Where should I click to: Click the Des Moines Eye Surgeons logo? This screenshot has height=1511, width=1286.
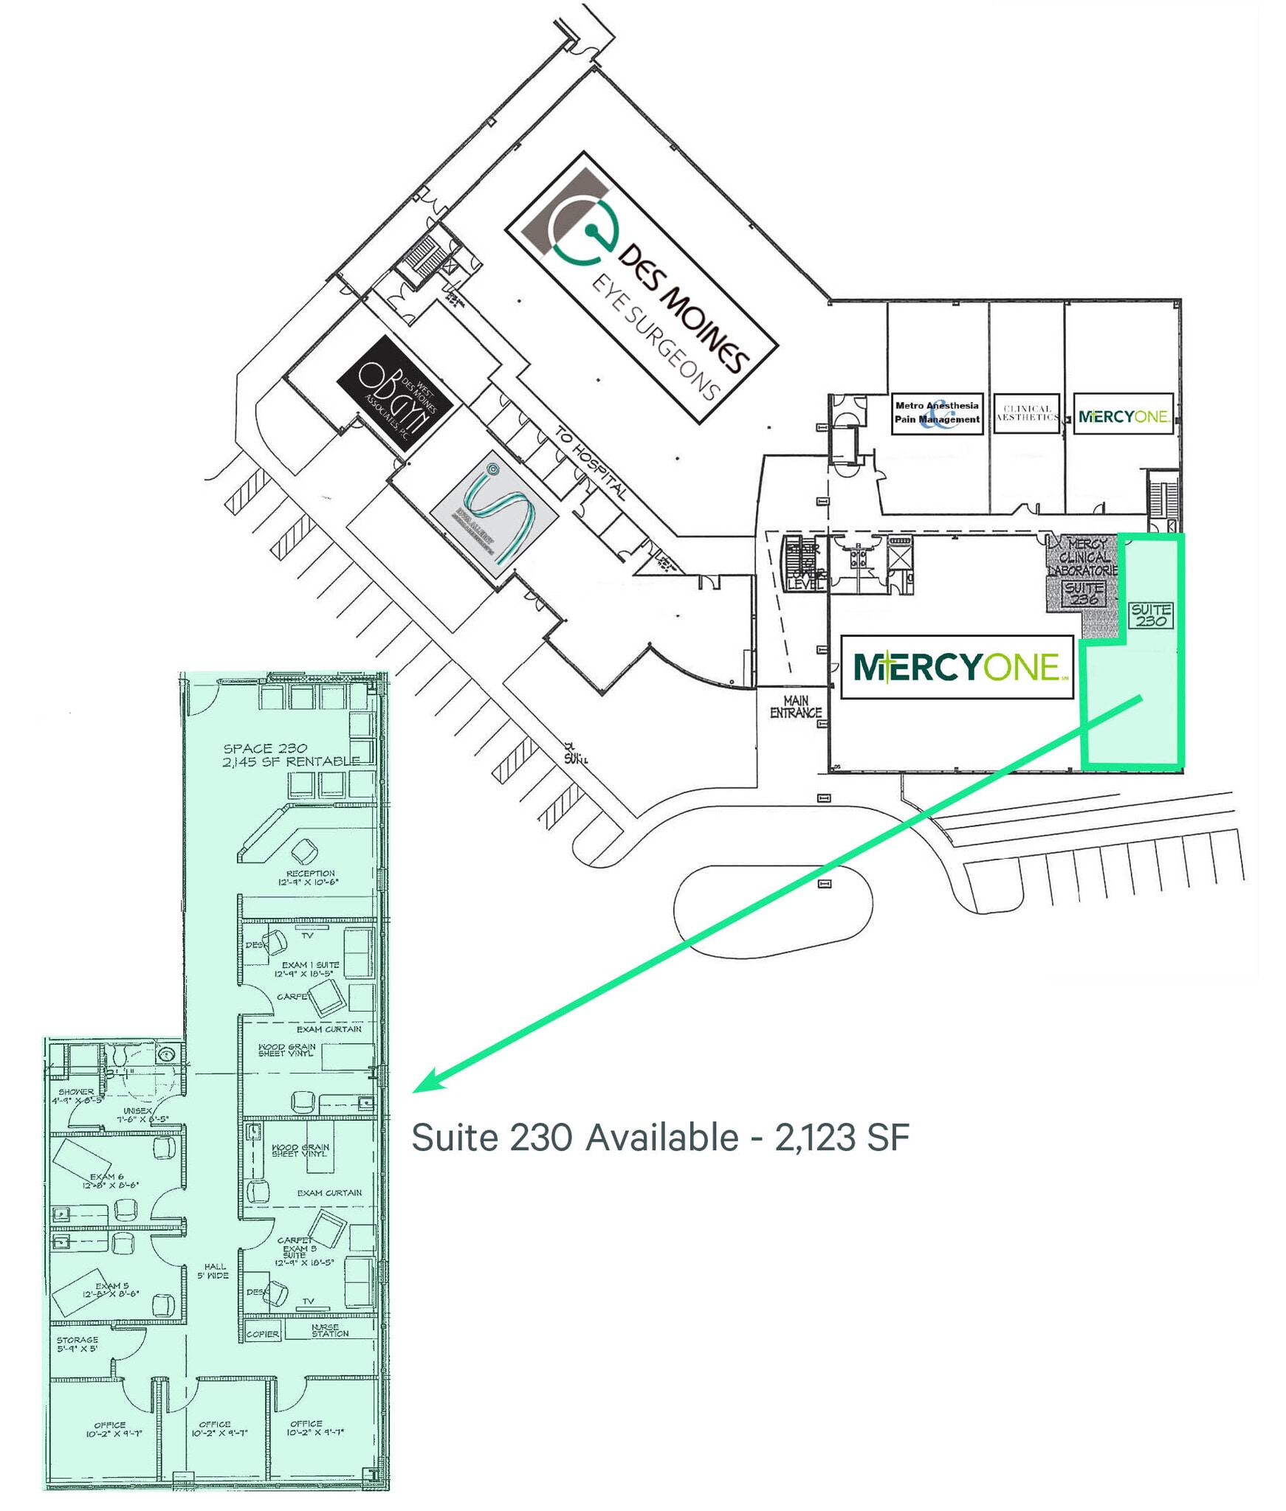[642, 287]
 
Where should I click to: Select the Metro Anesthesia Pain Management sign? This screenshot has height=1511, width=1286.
[937, 413]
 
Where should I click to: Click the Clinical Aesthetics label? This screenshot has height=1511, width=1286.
[1027, 413]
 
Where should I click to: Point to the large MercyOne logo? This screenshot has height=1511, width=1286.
[957, 667]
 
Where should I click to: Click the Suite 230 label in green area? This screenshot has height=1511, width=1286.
[1151, 615]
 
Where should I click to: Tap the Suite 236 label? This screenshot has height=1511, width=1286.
[1084, 593]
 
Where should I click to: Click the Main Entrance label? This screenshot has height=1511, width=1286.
[795, 706]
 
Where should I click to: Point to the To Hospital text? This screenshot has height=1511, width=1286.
[591, 464]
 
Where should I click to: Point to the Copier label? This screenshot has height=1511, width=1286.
[263, 1334]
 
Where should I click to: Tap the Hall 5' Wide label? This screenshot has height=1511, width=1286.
[213, 1270]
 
